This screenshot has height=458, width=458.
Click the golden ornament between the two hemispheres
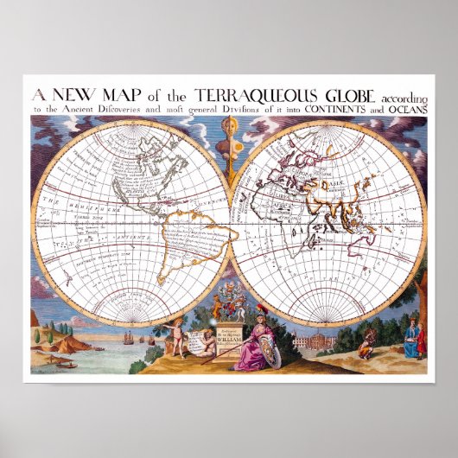229,138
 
